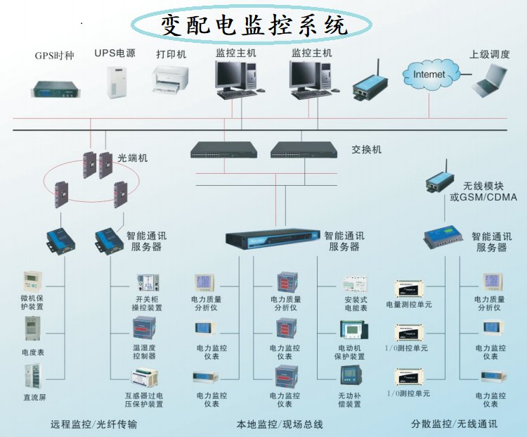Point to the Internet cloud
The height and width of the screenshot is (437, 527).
click(429, 73)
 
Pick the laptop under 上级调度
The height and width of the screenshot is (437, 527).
click(490, 81)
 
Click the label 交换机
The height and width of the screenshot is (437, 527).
click(366, 150)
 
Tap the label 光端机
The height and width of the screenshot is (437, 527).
click(132, 158)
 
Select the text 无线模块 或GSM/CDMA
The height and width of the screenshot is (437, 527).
click(483, 191)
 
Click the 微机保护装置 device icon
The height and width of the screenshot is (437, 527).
click(32, 283)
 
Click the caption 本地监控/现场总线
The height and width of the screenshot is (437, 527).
click(280, 424)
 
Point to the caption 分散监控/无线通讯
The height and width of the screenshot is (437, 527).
click(454, 424)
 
